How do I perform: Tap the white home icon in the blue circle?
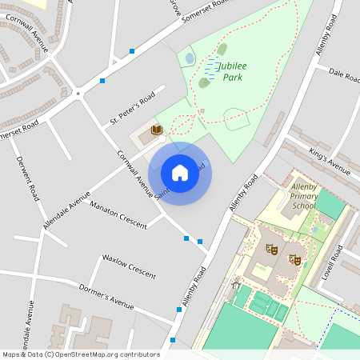click(x=180, y=172)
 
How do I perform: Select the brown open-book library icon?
click(x=158, y=130)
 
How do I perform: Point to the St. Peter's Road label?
click(x=132, y=110)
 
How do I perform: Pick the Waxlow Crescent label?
click(x=128, y=265)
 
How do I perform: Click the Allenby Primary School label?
click(x=304, y=195)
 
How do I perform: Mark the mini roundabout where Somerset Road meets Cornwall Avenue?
click(x=78, y=94)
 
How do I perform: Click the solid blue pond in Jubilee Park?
click(x=190, y=58)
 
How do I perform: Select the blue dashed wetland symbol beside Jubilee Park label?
click(x=211, y=67)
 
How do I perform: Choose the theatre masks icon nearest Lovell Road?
click(x=295, y=260)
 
